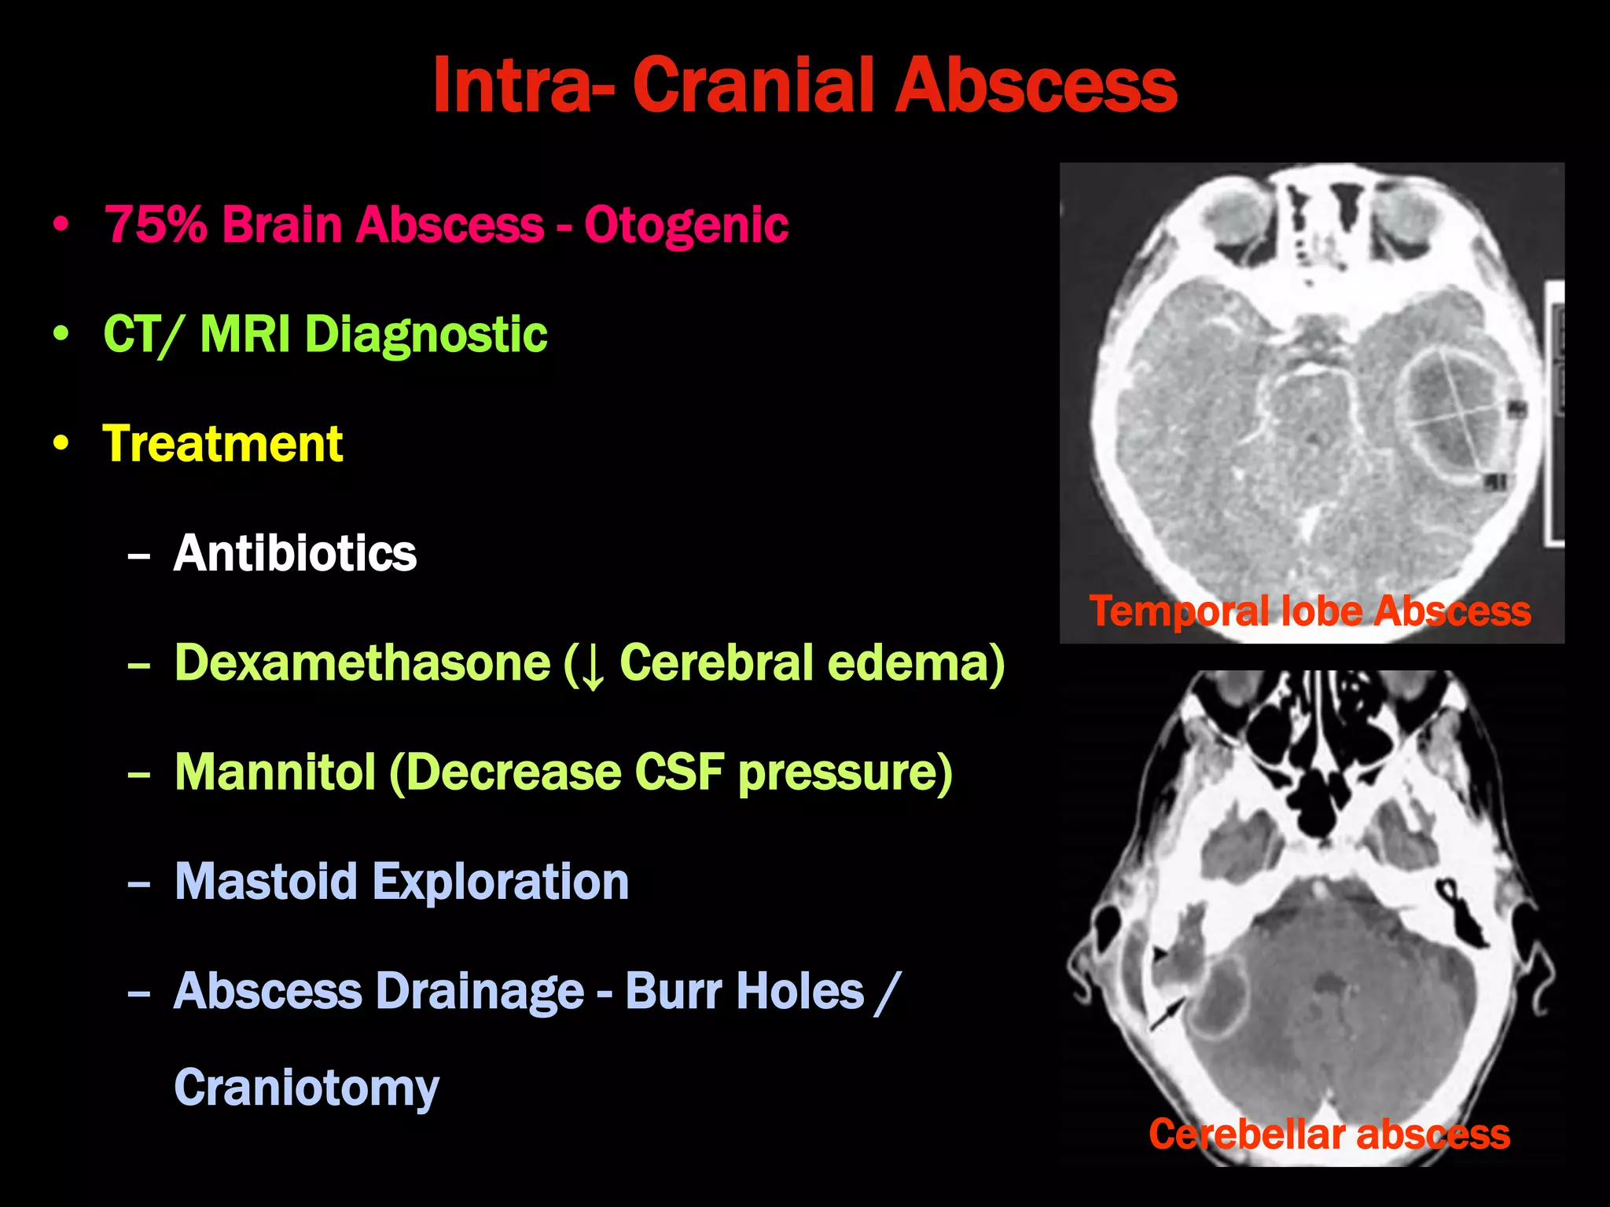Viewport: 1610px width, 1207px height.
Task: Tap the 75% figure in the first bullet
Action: click(x=156, y=225)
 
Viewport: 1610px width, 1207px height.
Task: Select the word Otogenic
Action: click(x=686, y=226)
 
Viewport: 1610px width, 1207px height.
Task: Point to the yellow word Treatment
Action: click(x=222, y=443)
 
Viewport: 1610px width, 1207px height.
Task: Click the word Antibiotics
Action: click(x=295, y=553)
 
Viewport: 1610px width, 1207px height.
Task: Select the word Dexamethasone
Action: click(x=362, y=662)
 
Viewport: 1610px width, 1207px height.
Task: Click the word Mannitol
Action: click(x=275, y=772)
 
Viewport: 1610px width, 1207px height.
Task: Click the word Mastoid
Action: click(x=266, y=882)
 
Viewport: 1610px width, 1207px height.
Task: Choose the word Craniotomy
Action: click(x=306, y=1088)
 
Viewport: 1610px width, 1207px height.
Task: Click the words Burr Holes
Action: click(x=744, y=991)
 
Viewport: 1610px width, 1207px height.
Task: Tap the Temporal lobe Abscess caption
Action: click(x=1310, y=611)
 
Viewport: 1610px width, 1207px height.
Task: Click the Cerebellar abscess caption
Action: click(x=1329, y=1134)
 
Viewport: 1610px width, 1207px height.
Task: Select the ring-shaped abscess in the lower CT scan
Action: click(x=1219, y=1002)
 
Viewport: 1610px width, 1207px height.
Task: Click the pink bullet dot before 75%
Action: click(x=61, y=225)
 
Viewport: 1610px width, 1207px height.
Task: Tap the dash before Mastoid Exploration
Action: click(x=138, y=883)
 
